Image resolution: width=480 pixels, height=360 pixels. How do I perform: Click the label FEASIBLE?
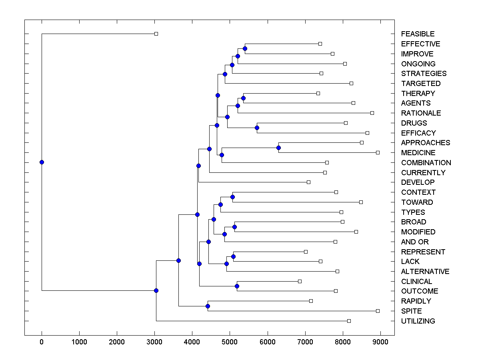pyautogui.click(x=418, y=34)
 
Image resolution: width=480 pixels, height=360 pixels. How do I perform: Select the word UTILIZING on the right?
pyautogui.click(x=418, y=321)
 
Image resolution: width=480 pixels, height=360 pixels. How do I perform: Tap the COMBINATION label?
pyautogui.click(x=426, y=162)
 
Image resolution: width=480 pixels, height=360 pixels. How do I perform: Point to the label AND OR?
pyautogui.click(x=415, y=242)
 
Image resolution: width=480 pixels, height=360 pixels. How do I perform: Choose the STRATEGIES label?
pyautogui.click(x=424, y=74)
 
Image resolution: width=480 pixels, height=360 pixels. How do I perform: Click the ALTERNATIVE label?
pyautogui.click(x=425, y=271)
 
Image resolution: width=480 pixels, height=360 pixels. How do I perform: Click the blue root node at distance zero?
pyautogui.click(x=42, y=162)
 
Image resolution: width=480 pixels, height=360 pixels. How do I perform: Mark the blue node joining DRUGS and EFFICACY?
pyautogui.click(x=257, y=128)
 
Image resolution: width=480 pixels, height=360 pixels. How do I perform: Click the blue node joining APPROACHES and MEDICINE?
pyautogui.click(x=278, y=148)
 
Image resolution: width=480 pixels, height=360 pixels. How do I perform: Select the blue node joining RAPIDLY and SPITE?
pyautogui.click(x=208, y=306)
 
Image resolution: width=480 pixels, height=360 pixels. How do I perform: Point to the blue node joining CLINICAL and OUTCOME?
pyautogui.click(x=237, y=286)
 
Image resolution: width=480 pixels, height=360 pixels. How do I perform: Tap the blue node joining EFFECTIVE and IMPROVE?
pyautogui.click(x=245, y=48)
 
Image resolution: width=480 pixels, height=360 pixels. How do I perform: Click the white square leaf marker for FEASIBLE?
pyautogui.click(x=156, y=34)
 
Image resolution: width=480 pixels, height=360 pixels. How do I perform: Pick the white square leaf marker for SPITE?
pyautogui.click(x=378, y=311)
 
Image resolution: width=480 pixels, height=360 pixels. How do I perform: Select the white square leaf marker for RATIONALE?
pyautogui.click(x=372, y=113)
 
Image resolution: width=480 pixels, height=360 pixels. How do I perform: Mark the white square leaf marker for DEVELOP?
pyautogui.click(x=308, y=182)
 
